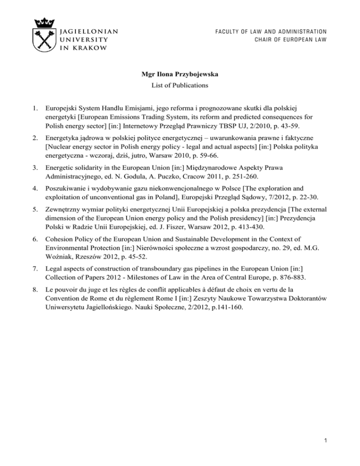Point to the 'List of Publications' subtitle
coord(180,86)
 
